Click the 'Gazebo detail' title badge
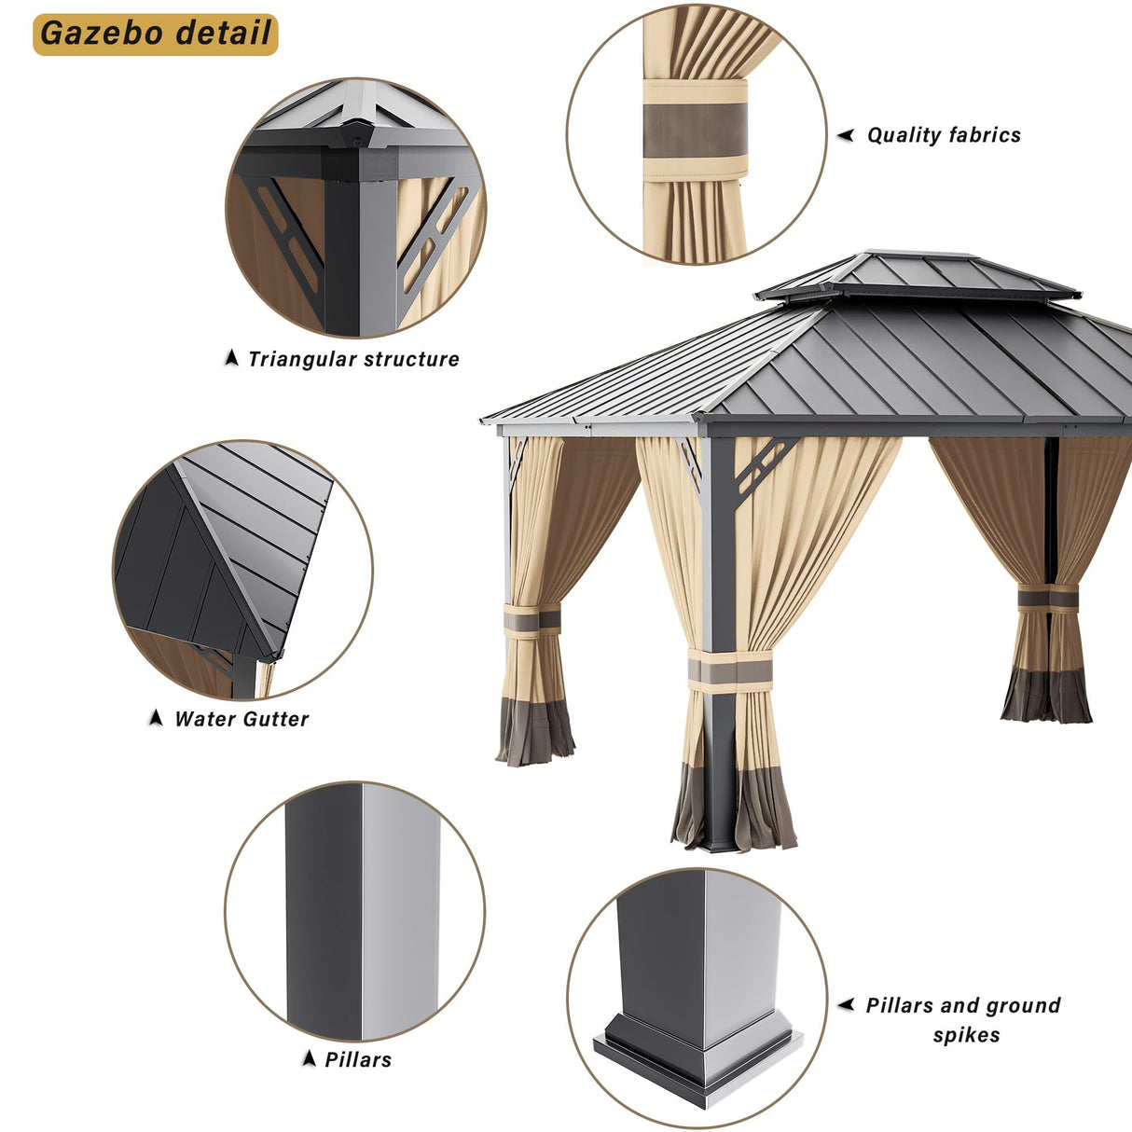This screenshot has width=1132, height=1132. pos(156,34)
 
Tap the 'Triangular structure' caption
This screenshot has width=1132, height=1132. pos(353,359)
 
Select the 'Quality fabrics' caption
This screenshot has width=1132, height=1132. pos(944,135)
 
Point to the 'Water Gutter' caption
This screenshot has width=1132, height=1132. pos(242,719)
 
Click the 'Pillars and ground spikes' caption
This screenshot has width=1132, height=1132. pos(963,1019)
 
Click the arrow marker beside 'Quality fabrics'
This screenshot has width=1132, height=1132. pos(846,135)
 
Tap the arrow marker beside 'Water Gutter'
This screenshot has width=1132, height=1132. pos(156,718)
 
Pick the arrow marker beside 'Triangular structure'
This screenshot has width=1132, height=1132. pos(232,358)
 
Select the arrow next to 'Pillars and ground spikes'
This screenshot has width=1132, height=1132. pos(846,1004)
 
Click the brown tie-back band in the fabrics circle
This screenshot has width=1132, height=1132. pos(695,131)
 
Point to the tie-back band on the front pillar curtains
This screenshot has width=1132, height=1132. pos(730,672)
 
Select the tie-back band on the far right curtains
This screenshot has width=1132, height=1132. pos(1048,598)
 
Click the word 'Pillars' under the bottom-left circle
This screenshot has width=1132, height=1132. pos(358,1059)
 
